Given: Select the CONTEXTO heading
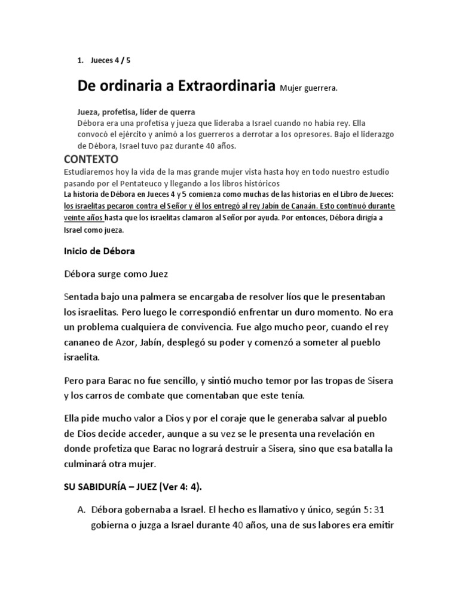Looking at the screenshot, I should [91, 159].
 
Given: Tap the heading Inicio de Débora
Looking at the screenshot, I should [99, 251].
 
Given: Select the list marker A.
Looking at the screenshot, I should [81, 510].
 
